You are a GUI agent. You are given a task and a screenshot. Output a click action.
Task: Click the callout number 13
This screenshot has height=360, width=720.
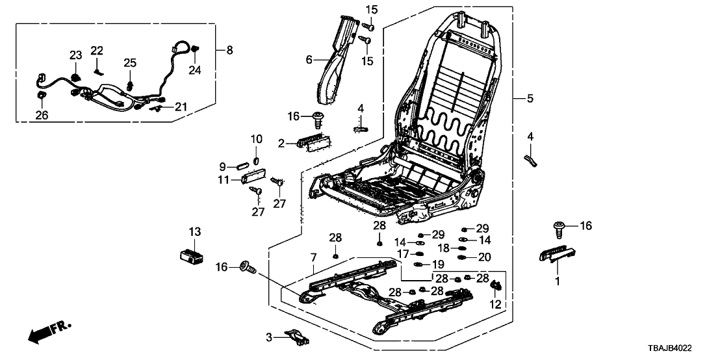tap(196, 232)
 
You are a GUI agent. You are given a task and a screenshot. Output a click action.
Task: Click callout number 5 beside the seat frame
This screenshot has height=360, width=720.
tap(530, 99)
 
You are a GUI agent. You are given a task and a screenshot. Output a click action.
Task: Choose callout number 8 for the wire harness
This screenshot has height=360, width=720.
tap(229, 50)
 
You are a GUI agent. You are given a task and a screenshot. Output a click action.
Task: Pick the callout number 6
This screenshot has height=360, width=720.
tap(309, 60)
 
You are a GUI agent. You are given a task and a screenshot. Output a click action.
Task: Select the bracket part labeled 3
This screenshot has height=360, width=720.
tap(296, 336)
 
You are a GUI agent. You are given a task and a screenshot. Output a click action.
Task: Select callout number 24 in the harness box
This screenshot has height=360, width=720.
tap(193, 70)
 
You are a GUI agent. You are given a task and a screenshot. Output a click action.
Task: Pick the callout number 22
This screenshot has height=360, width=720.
tap(97, 51)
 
